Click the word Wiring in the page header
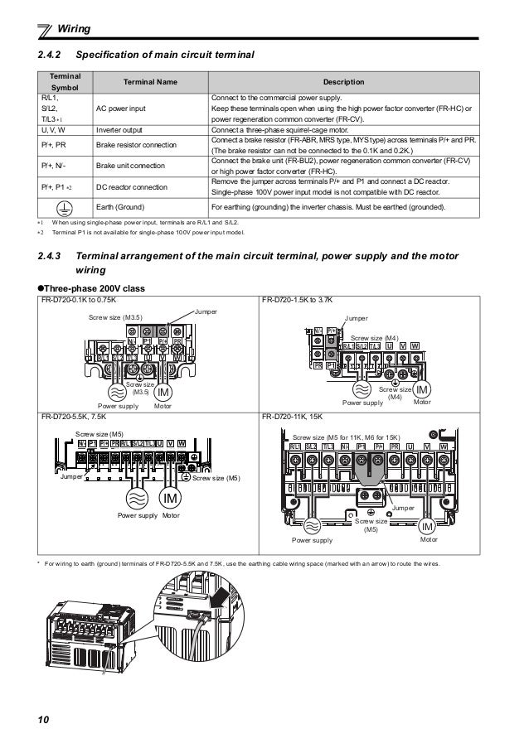[x=74, y=31]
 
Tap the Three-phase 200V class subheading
[x=90, y=287]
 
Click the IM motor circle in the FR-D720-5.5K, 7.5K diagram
[x=172, y=498]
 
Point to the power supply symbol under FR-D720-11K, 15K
[x=314, y=526]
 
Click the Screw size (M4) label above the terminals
[x=375, y=338]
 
